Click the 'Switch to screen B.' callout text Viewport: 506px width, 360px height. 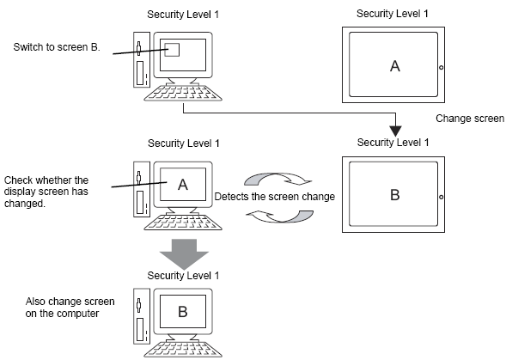pos(57,47)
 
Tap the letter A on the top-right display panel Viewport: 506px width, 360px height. pos(395,66)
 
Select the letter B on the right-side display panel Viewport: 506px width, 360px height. pos(395,195)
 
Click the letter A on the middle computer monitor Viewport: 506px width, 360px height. pos(183,185)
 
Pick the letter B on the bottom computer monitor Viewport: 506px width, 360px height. pos(183,312)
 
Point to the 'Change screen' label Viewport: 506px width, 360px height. pos(470,119)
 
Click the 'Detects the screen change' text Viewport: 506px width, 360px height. pos(275,197)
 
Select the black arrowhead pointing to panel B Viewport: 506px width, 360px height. pos(396,131)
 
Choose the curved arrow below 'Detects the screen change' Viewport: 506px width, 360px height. pos(280,217)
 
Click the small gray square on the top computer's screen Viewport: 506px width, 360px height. pos(172,50)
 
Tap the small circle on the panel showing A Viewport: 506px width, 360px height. pos(441,68)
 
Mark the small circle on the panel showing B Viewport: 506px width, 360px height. pos(441,197)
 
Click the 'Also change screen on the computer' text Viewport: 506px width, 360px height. pos(70,308)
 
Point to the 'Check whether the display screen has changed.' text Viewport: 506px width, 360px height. pos(46,192)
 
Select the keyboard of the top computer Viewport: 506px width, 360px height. pos(183,93)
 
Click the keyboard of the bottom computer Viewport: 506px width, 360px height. pos(183,350)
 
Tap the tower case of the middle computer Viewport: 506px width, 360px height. pos(142,189)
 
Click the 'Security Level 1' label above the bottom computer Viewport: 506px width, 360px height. pos(183,276)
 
